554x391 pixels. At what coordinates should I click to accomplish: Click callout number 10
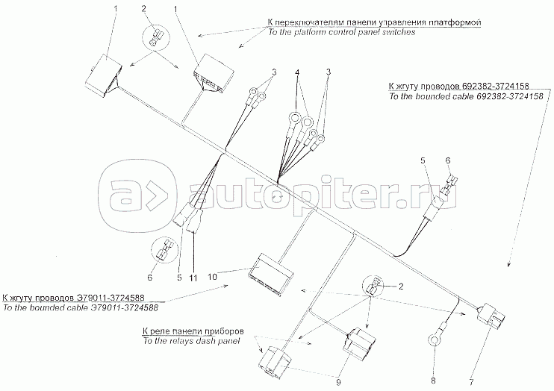pyautogui.click(x=212, y=277)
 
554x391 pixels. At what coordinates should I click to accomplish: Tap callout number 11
pyautogui.click(x=193, y=278)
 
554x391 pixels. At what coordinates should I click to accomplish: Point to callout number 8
pyautogui.click(x=434, y=381)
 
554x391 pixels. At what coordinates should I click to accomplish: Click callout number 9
pyautogui.click(x=338, y=383)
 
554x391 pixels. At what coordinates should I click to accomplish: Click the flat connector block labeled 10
pyautogui.click(x=270, y=272)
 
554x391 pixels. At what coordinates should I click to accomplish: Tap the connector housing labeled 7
pyautogui.click(x=491, y=315)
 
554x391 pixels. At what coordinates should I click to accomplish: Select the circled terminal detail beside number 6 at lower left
pyautogui.click(x=164, y=251)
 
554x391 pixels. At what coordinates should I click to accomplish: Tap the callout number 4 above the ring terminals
pyautogui.click(x=298, y=72)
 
